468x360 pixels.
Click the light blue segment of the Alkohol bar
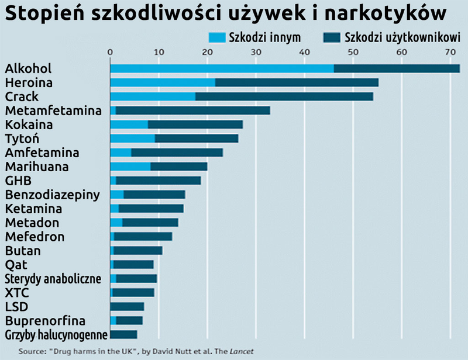click(x=221, y=68)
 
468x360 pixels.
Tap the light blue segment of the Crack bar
click(x=152, y=96)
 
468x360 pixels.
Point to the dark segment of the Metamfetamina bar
click(x=192, y=110)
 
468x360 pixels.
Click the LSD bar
click(x=127, y=307)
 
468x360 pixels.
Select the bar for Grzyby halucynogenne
click(x=123, y=335)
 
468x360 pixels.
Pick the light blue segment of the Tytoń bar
click(x=132, y=139)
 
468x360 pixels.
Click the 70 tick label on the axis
click(x=449, y=53)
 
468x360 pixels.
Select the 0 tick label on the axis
click(x=110, y=53)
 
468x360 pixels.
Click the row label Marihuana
click(x=36, y=167)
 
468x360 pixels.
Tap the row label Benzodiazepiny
click(x=52, y=195)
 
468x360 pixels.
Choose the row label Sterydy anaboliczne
click(x=53, y=279)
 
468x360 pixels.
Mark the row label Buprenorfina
click(x=44, y=321)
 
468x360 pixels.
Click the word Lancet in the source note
click(x=240, y=352)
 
